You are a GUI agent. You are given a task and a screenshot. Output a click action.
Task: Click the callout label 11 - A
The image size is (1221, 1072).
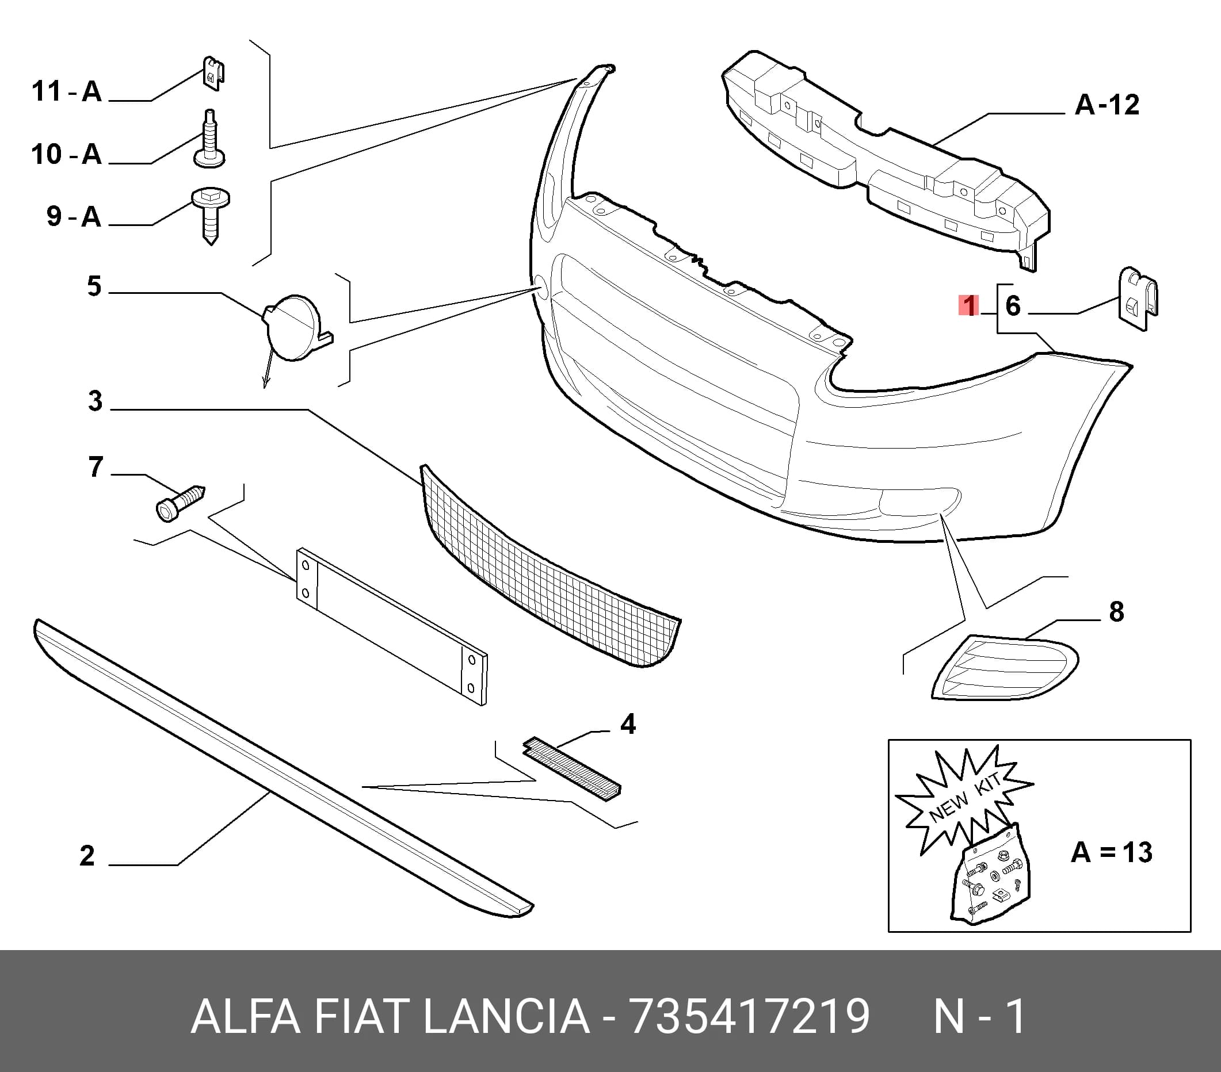(x=67, y=91)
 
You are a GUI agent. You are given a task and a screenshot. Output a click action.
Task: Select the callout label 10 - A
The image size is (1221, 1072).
(x=67, y=154)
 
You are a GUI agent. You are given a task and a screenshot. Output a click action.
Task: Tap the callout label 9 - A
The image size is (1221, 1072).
(x=74, y=216)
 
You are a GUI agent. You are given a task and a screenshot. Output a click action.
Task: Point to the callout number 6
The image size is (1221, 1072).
(x=1013, y=306)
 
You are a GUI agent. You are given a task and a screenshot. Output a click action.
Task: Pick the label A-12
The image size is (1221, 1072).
(x=1107, y=105)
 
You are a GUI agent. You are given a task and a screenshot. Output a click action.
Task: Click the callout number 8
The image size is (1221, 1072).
(x=1116, y=612)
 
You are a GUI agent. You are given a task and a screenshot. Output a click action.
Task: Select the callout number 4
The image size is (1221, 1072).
(x=628, y=725)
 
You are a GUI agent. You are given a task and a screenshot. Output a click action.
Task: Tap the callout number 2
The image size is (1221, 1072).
(x=87, y=856)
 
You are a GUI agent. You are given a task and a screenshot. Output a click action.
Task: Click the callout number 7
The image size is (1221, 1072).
(x=96, y=467)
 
